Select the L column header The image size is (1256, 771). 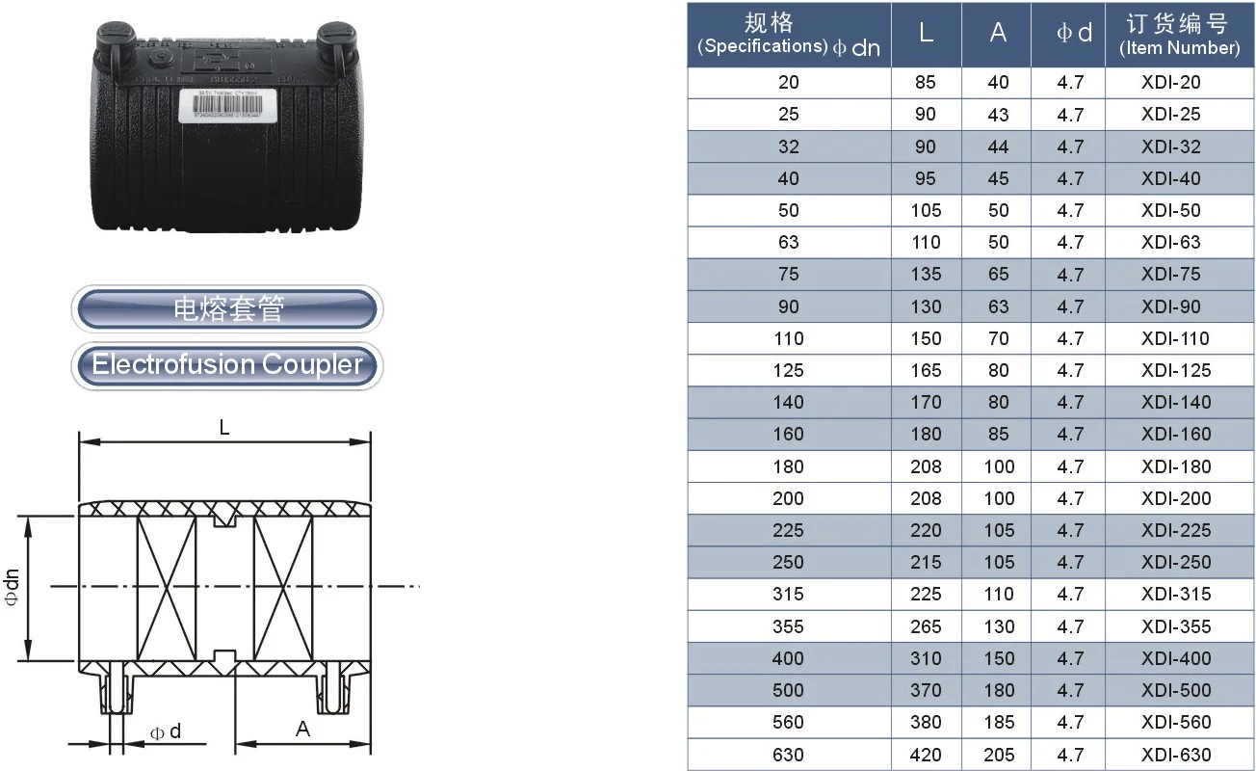click(926, 34)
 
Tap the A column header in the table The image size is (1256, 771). click(997, 34)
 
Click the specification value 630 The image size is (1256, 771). click(788, 755)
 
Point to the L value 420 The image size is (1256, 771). click(926, 755)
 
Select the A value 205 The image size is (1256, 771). click(998, 755)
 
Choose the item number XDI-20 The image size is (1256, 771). click(1171, 83)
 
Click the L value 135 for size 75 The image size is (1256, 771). click(926, 275)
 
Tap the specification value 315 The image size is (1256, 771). click(788, 595)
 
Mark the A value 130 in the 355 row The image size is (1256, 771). click(999, 626)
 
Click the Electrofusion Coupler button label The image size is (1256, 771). click(227, 365)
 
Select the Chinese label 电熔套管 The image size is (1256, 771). click(227, 309)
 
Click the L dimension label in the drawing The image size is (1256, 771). click(224, 428)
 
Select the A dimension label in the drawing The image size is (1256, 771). click(303, 730)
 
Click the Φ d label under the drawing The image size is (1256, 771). click(165, 732)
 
